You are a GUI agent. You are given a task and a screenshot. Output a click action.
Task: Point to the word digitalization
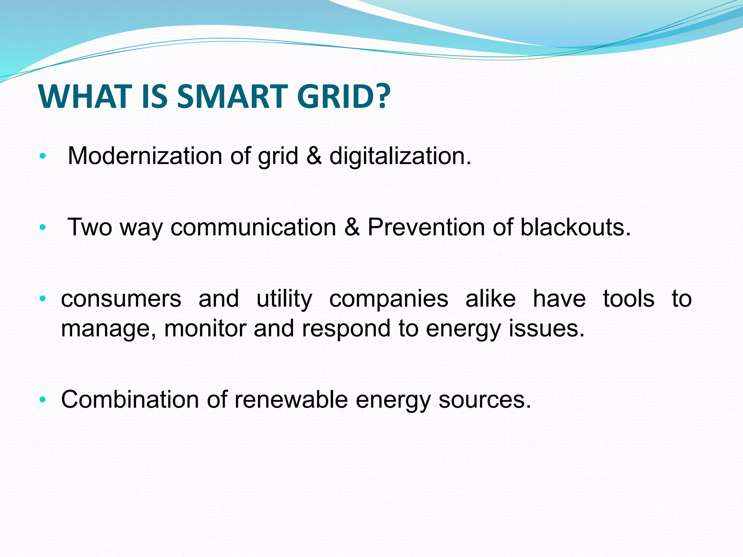pyautogui.click(x=400, y=156)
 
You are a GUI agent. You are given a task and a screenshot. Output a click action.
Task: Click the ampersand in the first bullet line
pyautogui.click(x=314, y=156)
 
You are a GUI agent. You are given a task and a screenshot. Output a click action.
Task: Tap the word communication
pyautogui.click(x=253, y=227)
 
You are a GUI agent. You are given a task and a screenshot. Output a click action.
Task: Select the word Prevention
pyautogui.click(x=426, y=227)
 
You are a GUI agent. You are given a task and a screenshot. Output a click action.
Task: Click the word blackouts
pyautogui.click(x=575, y=227)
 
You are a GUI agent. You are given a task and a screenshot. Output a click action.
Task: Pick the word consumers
pyautogui.click(x=121, y=299)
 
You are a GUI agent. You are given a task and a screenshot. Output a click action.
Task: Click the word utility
pyautogui.click(x=284, y=299)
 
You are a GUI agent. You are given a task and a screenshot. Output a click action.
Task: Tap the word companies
pyautogui.click(x=389, y=299)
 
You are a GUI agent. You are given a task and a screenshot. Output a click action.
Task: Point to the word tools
pyautogui.click(x=629, y=299)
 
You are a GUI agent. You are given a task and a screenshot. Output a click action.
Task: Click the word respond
pyautogui.click(x=346, y=329)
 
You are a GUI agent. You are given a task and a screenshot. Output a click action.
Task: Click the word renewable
pyautogui.click(x=291, y=400)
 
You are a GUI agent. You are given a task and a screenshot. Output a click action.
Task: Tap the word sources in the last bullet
pyautogui.click(x=484, y=400)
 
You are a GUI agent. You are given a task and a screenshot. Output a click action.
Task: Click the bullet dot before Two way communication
pyautogui.click(x=43, y=228)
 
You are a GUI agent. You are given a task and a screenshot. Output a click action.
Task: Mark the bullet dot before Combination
pyautogui.click(x=43, y=400)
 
